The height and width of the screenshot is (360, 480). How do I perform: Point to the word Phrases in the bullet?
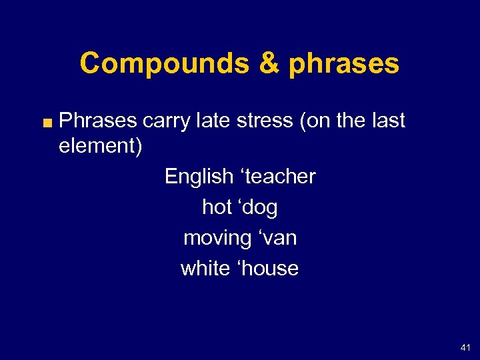coord(98,121)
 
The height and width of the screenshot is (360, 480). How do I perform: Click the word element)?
coord(100,146)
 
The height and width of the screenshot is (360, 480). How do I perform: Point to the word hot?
coord(217,207)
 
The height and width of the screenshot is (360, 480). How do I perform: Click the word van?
coord(277,238)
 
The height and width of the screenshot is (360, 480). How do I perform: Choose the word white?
coord(203,269)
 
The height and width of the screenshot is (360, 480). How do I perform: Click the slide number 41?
coord(465,347)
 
